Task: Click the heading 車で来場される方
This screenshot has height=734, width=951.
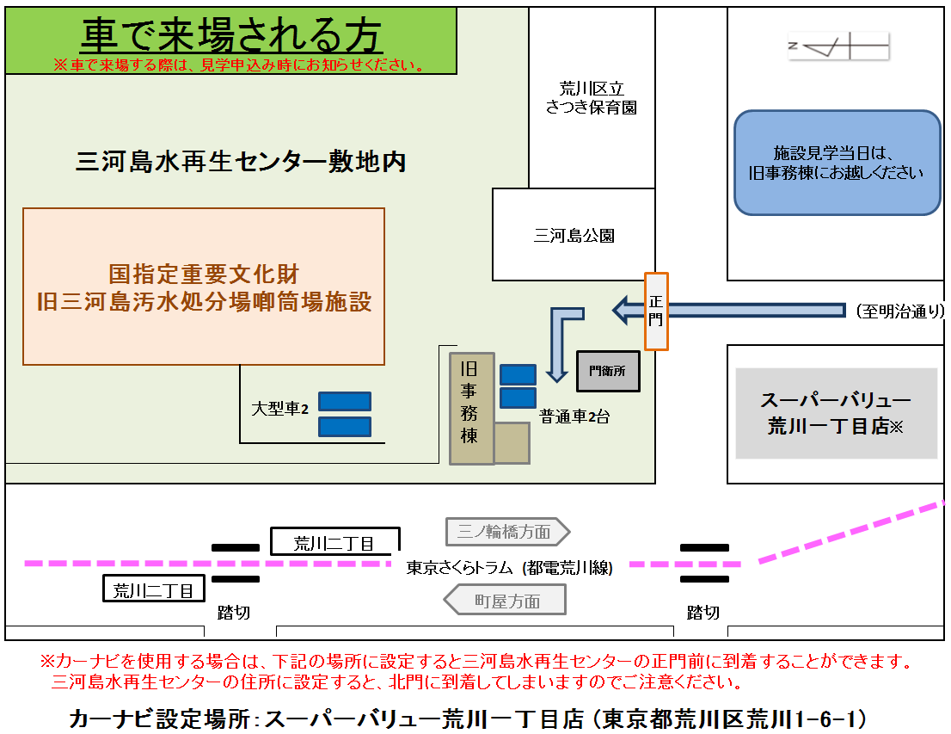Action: pyautogui.click(x=231, y=35)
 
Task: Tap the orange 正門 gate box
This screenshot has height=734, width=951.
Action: pyautogui.click(x=656, y=311)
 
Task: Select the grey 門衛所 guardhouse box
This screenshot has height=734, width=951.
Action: pyautogui.click(x=608, y=371)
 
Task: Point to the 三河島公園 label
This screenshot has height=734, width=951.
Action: pyautogui.click(x=574, y=235)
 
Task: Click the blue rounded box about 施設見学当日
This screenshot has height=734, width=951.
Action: pyautogui.click(x=837, y=163)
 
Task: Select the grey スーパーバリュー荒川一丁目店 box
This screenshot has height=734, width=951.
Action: pyautogui.click(x=836, y=413)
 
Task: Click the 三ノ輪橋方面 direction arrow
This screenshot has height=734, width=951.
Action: pyautogui.click(x=507, y=532)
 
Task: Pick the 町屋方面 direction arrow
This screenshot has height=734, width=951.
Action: pyautogui.click(x=505, y=601)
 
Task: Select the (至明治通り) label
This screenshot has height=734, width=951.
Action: pyautogui.click(x=899, y=311)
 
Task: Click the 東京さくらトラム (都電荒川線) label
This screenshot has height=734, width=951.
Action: pyautogui.click(x=509, y=567)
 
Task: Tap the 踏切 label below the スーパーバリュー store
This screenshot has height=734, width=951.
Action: pyautogui.click(x=703, y=612)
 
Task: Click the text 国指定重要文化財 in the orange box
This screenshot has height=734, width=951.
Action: pyautogui.click(x=204, y=274)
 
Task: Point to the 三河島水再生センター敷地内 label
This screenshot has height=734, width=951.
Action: pyautogui.click(x=241, y=161)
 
